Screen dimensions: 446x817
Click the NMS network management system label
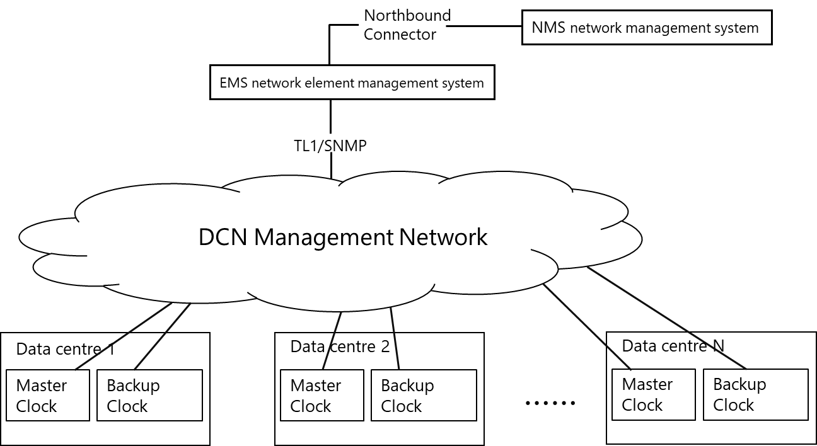[x=646, y=28]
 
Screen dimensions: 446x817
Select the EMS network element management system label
[x=352, y=83]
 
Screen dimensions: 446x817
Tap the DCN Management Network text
[x=342, y=237]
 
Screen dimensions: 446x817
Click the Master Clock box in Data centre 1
[x=47, y=395]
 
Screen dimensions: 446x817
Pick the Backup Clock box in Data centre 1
[x=149, y=395]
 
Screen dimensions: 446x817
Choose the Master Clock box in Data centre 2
[x=322, y=395]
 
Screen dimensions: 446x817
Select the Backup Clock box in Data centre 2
[x=424, y=395]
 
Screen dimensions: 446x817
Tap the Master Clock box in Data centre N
[x=653, y=394]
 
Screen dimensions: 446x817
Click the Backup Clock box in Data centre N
[x=755, y=394]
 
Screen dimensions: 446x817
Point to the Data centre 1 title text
[x=65, y=349]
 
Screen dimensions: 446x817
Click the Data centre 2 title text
[x=340, y=346]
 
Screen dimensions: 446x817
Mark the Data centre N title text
[x=673, y=345]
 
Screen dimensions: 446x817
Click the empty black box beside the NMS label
[x=408, y=25]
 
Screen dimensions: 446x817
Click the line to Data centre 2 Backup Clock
[x=395, y=338]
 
